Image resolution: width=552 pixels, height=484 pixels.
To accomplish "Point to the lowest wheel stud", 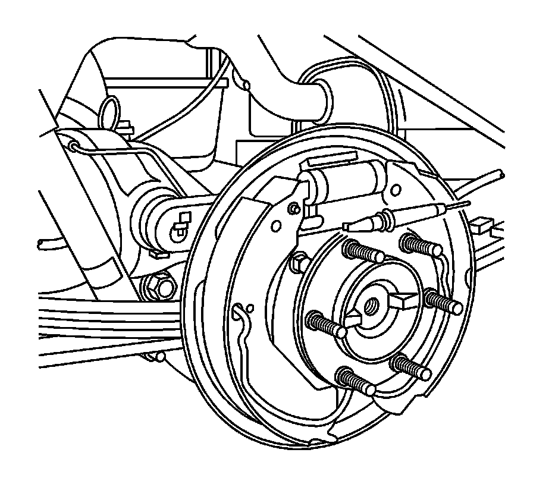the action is pos(355,381).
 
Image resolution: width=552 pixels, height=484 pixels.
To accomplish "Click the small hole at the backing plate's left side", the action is pos(250,307).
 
